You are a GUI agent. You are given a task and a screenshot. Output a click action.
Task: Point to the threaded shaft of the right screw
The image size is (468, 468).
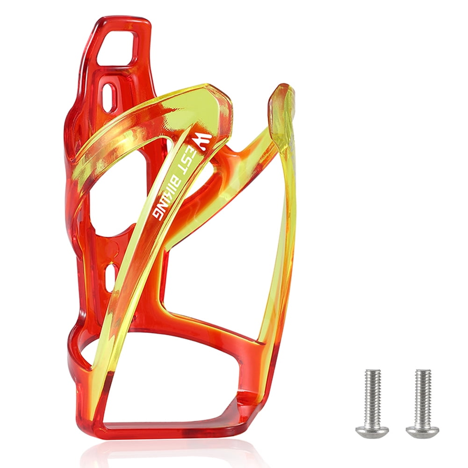(x=423, y=390)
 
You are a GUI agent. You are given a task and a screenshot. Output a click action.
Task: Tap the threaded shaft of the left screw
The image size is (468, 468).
(x=373, y=390)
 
